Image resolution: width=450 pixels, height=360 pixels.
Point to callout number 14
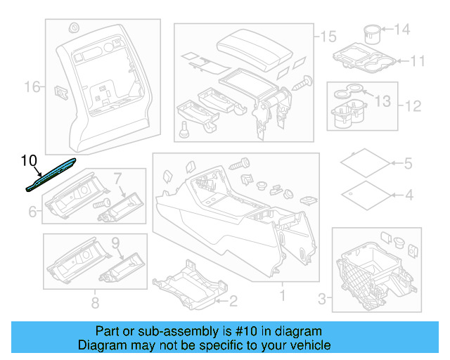point(401,30)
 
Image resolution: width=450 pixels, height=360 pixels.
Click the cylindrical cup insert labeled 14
point(371,32)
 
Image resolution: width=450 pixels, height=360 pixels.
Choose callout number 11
point(418,61)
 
